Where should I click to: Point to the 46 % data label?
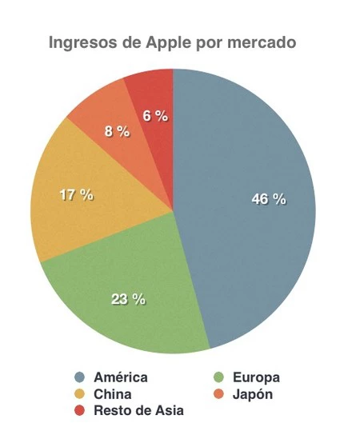pyautogui.click(x=268, y=199)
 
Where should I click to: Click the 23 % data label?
pyautogui.click(x=128, y=299)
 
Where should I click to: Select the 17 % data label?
pyautogui.click(x=77, y=194)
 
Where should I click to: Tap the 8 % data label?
pyautogui.click(x=117, y=131)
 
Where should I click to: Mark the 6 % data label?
pyautogui.click(x=155, y=116)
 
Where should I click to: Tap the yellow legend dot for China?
pyautogui.click(x=79, y=394)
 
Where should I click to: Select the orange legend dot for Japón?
pyautogui.click(x=218, y=394)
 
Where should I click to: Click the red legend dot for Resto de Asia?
pyautogui.click(x=79, y=410)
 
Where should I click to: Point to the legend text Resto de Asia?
pyautogui.click(x=138, y=410)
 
